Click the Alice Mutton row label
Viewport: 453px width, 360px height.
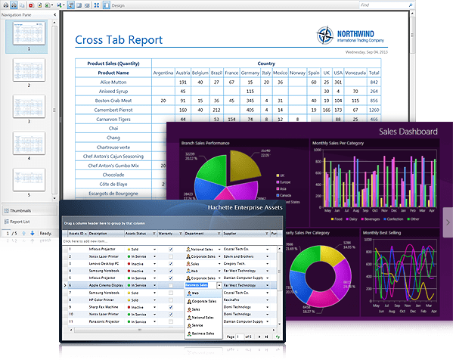click(113, 82)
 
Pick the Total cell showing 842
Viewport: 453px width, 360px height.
click(374, 82)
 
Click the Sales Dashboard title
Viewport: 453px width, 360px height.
click(408, 132)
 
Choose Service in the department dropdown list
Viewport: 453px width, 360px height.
click(197, 324)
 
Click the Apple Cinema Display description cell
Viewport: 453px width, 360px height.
click(106, 285)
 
